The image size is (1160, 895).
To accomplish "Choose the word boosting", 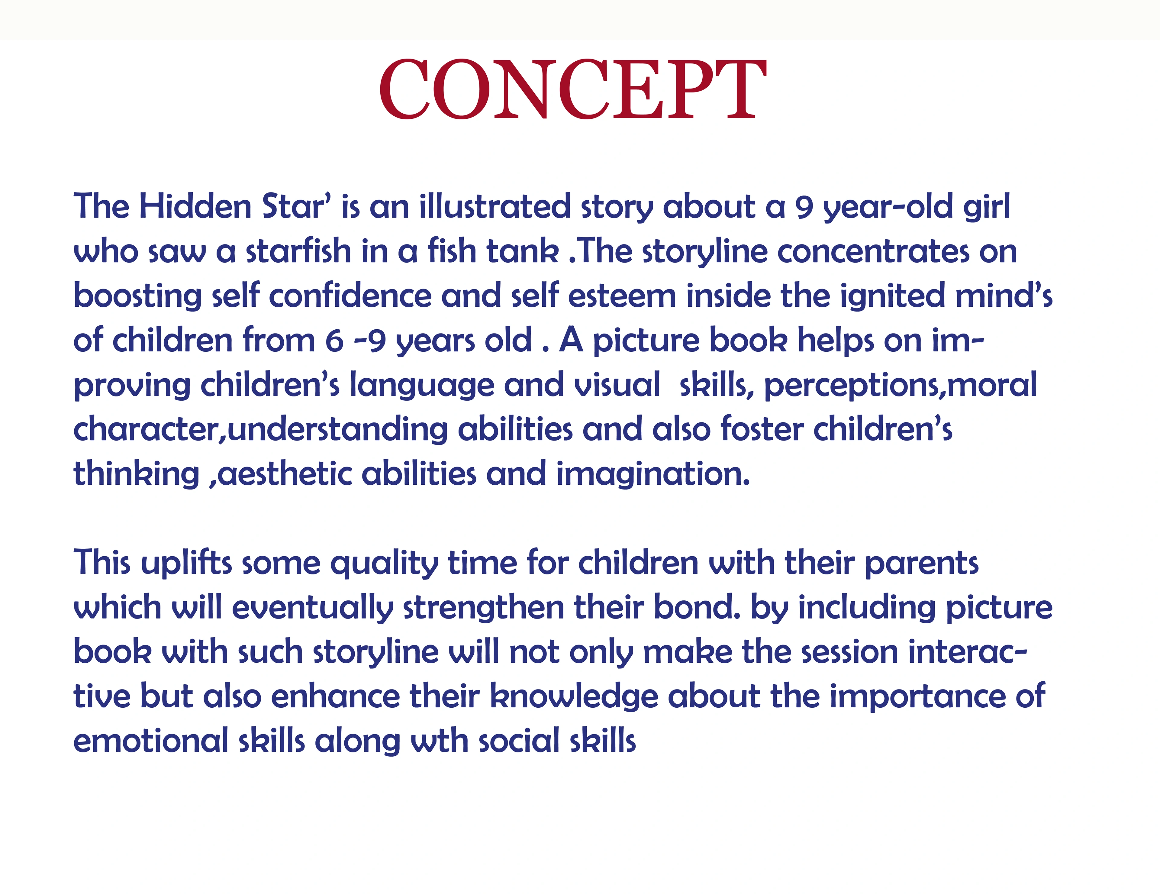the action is point(137,296).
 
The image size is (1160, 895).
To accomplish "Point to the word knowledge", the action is point(574,697).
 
